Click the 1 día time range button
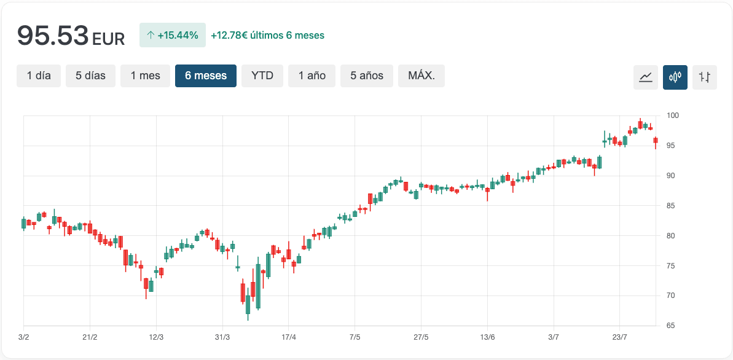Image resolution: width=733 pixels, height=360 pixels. [39, 76]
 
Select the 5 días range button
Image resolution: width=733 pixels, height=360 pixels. [90, 76]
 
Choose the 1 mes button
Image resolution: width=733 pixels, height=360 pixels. [145, 76]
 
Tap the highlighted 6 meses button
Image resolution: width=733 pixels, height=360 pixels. [206, 76]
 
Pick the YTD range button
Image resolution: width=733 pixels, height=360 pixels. [262, 76]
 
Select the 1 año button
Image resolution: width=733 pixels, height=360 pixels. [312, 76]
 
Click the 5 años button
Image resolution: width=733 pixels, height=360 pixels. [367, 76]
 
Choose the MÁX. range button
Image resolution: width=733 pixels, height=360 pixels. [421, 76]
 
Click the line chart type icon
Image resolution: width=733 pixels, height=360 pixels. [646, 77]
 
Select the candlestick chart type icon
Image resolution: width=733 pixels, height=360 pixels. [675, 77]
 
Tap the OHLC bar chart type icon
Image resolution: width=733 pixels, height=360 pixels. [705, 77]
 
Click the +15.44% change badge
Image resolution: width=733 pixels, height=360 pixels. [173, 35]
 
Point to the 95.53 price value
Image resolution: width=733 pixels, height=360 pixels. [53, 36]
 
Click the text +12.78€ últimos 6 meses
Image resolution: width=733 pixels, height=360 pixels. [267, 35]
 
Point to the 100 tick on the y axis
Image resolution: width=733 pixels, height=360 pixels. [672, 115]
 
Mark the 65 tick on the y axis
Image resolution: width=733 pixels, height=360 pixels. [670, 326]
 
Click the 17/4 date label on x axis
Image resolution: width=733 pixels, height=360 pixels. [289, 337]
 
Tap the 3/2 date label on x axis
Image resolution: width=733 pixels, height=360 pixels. [23, 337]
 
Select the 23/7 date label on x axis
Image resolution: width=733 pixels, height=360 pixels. [620, 337]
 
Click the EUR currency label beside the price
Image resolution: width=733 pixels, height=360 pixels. [108, 39]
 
